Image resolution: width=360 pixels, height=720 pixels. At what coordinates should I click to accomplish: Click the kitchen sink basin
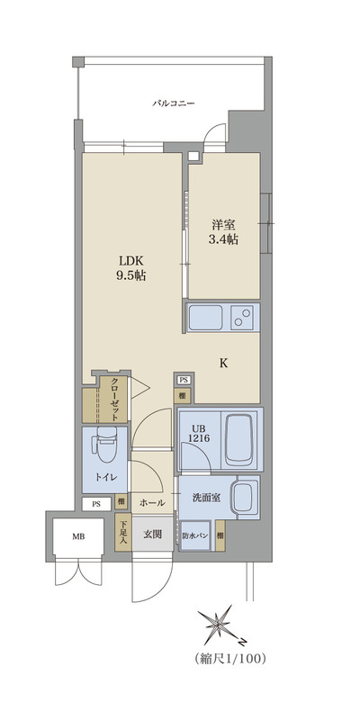click(x=206, y=317)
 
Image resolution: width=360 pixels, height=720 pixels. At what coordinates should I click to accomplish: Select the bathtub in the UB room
click(x=238, y=437)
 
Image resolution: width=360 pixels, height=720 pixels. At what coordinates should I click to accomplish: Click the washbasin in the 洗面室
click(x=241, y=496)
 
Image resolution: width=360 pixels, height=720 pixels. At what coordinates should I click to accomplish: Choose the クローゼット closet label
click(x=115, y=397)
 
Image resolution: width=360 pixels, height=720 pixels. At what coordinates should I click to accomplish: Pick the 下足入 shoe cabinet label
click(x=123, y=533)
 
